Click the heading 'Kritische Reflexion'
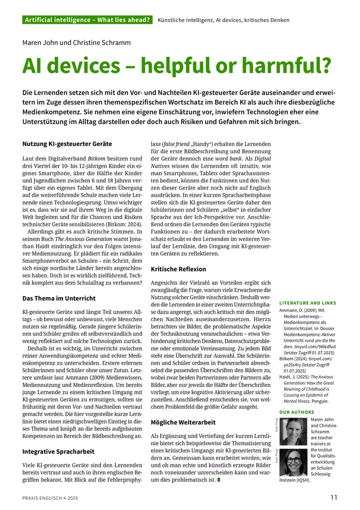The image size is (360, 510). [179, 269]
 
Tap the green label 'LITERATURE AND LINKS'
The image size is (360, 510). [307, 303]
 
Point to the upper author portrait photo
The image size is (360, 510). [293, 431]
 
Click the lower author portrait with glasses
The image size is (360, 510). [293, 462]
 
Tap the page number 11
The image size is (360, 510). [333, 497]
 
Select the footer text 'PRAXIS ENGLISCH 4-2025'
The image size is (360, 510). [50, 497]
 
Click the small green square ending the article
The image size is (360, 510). [218, 480]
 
